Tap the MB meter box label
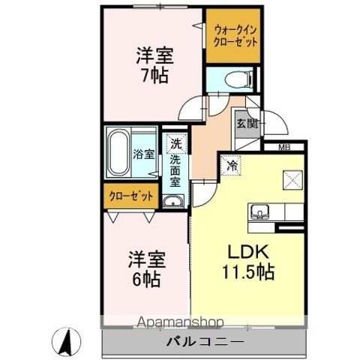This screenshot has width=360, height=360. tap(286, 147)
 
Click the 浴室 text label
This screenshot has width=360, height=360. tap(144, 154)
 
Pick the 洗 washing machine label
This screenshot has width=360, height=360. tap(175, 143)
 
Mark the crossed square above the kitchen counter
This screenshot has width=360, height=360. tap(292, 181)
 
